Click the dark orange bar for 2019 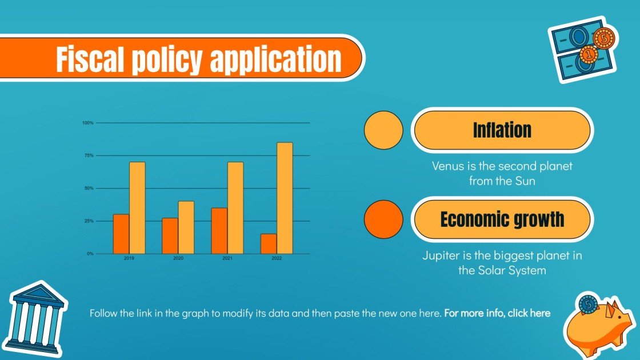click(x=121, y=234)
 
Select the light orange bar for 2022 click(x=285, y=198)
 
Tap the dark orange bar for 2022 click(x=269, y=243)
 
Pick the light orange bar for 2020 click(x=186, y=227)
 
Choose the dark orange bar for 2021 click(x=219, y=231)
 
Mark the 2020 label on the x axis click(x=178, y=259)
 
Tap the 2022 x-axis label click(x=277, y=259)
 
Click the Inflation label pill click(x=502, y=130)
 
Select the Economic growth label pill click(x=502, y=219)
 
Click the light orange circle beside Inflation click(x=383, y=130)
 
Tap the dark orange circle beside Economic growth click(x=383, y=219)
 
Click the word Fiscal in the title click(x=90, y=59)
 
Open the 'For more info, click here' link click(x=497, y=313)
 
